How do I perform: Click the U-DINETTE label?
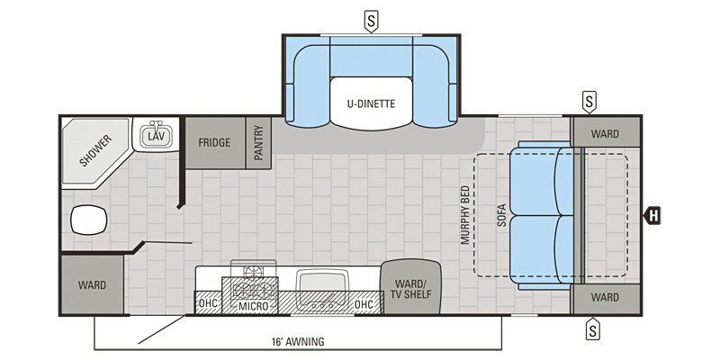pos(371,103)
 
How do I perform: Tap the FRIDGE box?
pos(215,142)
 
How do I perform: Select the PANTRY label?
pos(258,142)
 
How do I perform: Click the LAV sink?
pos(157,136)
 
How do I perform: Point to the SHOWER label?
pos(94,151)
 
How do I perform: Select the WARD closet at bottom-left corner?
pos(91,285)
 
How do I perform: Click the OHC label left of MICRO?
pos(208,305)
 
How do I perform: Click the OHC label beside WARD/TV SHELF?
pos(364,305)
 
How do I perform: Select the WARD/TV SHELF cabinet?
pos(410,287)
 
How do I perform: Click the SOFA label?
pos(502,214)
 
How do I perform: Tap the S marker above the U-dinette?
pos(370,19)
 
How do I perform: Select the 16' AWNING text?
pos(296,342)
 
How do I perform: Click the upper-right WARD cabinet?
pos(605,134)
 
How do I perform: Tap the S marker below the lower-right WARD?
pos(592,330)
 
